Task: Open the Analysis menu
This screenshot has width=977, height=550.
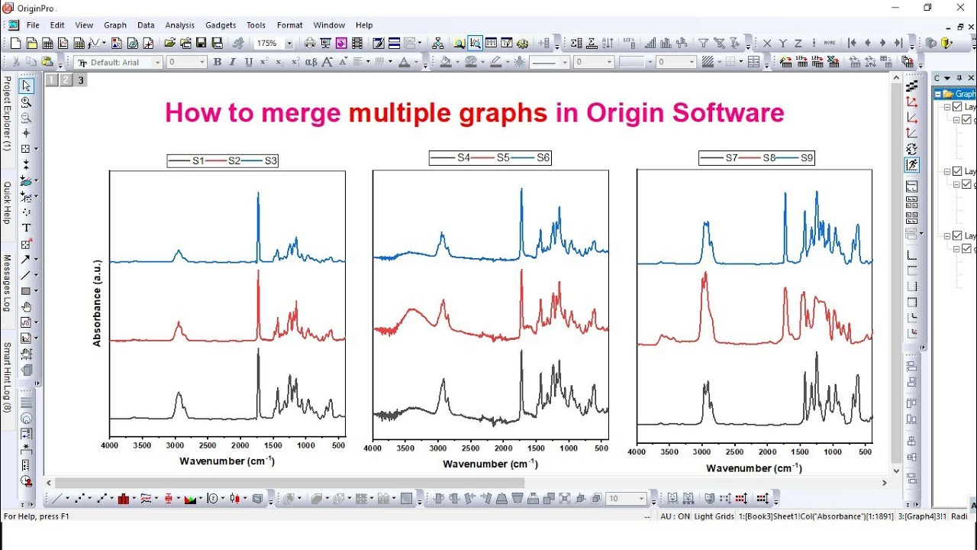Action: [179, 25]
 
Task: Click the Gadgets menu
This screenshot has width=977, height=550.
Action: [221, 25]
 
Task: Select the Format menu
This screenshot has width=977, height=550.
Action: [289, 25]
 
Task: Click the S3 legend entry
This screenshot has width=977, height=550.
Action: [271, 160]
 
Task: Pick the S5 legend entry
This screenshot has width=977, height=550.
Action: [503, 158]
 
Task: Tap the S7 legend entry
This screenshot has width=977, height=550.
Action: [731, 158]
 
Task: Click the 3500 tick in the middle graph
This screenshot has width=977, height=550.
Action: [405, 448]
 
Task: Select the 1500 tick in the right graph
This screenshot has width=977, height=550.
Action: [800, 452]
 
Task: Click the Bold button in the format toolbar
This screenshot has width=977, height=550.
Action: [218, 62]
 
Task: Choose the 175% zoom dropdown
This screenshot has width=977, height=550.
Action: [273, 44]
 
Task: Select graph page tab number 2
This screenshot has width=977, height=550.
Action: [66, 79]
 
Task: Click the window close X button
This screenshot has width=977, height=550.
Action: [960, 8]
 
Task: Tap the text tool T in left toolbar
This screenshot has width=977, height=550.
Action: [26, 228]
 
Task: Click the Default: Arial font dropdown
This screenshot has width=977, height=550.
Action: [119, 62]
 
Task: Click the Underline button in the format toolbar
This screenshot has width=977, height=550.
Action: [249, 62]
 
